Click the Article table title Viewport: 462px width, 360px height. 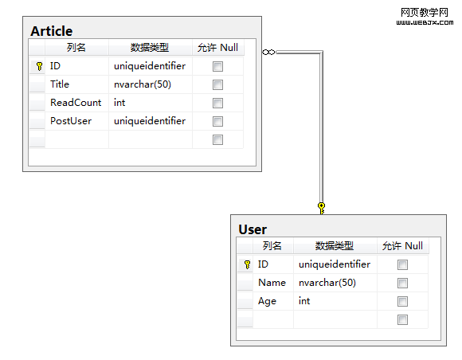52,31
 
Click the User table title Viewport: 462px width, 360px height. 253,229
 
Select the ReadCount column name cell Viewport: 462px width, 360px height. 76,103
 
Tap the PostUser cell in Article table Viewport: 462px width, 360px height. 71,121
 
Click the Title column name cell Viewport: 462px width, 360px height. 60,84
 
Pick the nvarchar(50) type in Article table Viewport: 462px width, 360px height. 143,84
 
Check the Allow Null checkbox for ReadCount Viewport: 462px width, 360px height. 217,103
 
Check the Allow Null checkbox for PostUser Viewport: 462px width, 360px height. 217,121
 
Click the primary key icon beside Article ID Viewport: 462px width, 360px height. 39,66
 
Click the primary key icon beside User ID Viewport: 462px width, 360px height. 247,264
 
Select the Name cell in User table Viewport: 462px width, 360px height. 272,283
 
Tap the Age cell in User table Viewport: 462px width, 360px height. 267,301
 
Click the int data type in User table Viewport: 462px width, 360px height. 304,301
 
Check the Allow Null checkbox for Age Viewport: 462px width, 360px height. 402,301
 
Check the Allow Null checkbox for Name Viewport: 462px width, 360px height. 402,283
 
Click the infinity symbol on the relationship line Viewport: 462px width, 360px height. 268,52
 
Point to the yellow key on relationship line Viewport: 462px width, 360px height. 322,209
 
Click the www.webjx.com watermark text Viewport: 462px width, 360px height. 425,22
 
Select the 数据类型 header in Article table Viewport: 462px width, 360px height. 150,48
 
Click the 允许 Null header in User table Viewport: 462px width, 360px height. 402,245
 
